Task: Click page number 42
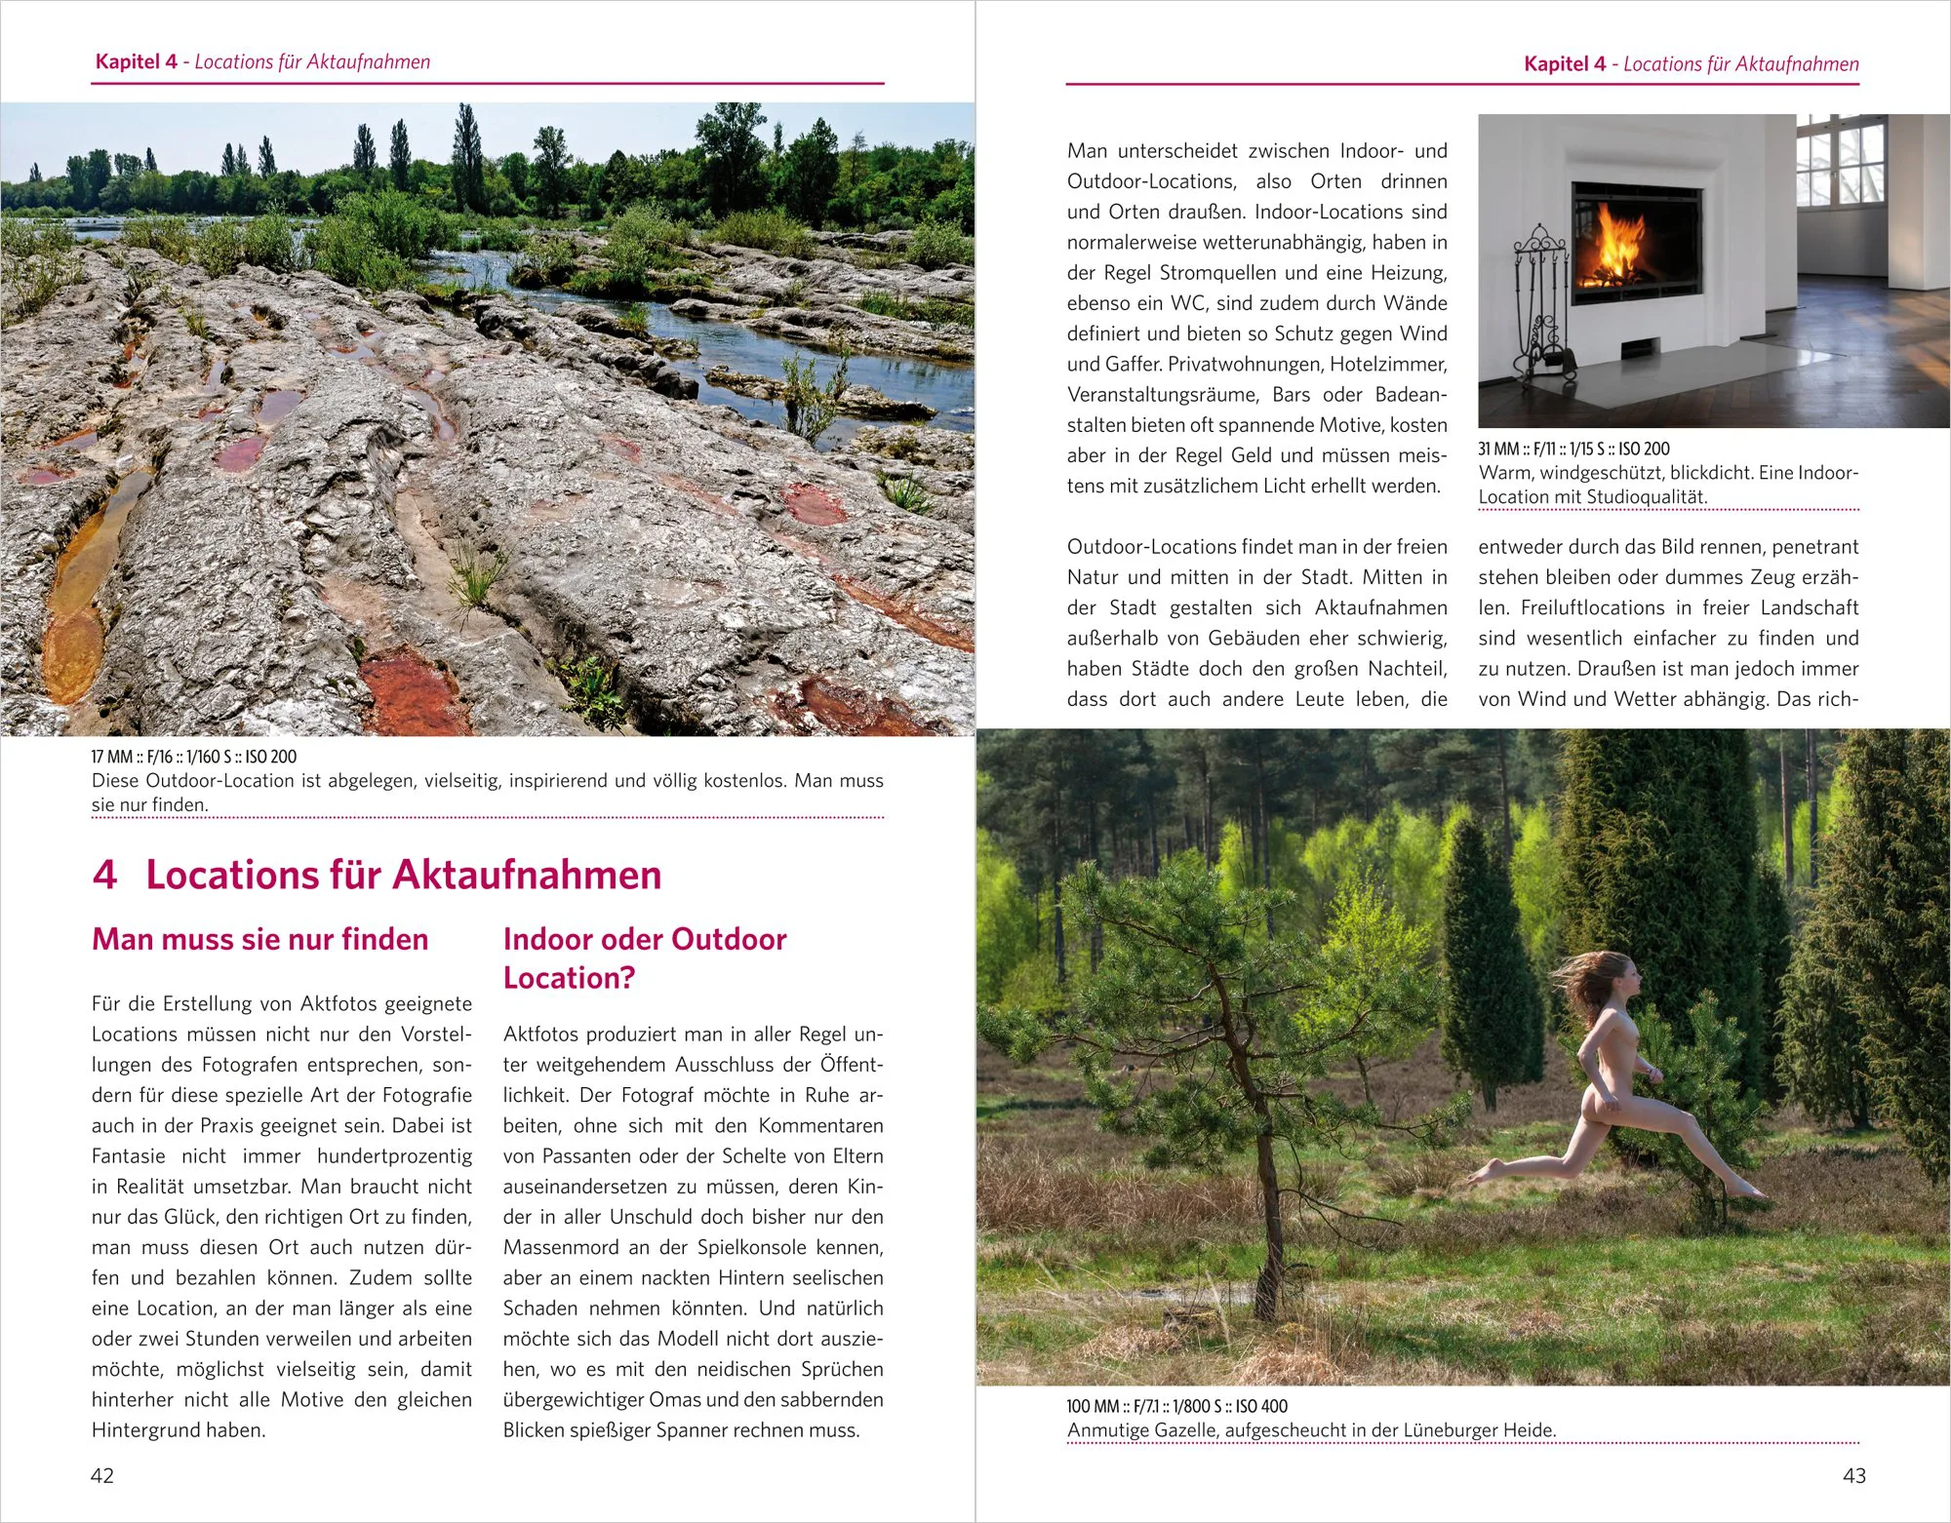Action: coord(102,1475)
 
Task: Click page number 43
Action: coord(1853,1475)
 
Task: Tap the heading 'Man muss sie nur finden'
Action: coord(260,939)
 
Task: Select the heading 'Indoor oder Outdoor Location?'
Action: coord(644,957)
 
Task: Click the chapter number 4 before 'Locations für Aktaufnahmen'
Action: coord(104,875)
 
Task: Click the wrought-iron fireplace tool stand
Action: coord(1541,312)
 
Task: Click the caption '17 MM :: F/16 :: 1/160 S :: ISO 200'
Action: coord(194,757)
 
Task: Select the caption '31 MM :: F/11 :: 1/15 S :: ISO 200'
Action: coord(1573,449)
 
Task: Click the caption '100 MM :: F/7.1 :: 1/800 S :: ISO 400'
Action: coord(1176,1406)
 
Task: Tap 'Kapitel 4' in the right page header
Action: coord(1565,64)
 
